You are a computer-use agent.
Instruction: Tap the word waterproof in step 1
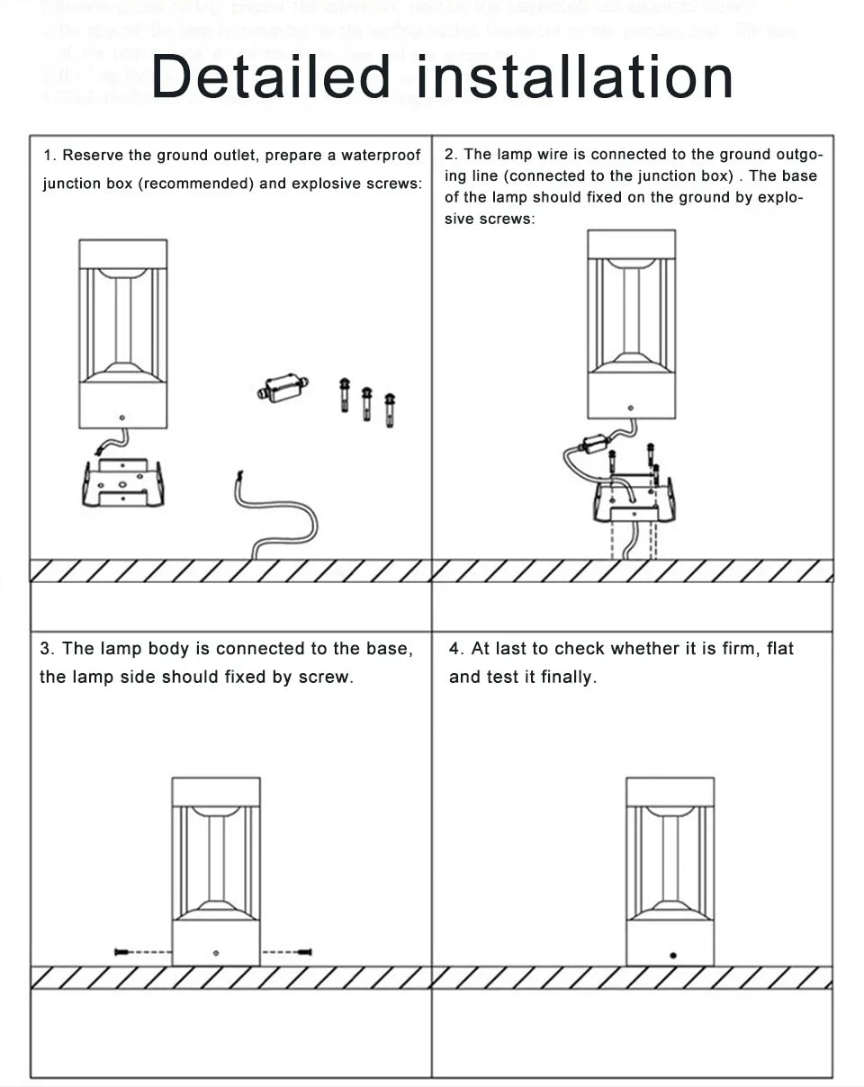click(380, 156)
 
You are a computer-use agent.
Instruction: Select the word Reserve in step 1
click(93, 156)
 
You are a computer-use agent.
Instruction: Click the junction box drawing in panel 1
click(280, 389)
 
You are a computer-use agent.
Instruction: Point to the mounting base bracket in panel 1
click(122, 483)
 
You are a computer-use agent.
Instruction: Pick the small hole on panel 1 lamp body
click(122, 418)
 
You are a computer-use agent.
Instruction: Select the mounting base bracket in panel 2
click(634, 502)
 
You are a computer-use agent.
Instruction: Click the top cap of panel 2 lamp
click(631, 244)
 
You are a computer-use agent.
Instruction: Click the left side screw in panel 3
click(124, 951)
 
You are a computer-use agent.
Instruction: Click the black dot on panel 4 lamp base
click(672, 955)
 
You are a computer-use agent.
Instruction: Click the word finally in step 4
click(568, 677)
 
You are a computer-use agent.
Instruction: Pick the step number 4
click(456, 649)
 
